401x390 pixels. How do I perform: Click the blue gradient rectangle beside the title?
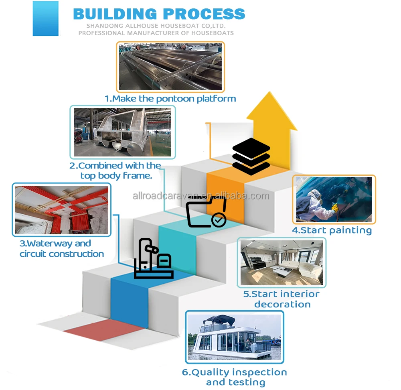[45, 19]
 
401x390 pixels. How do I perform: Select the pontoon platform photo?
[170, 67]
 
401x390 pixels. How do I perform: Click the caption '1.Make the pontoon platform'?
[170, 98]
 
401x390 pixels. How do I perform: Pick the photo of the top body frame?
[123, 132]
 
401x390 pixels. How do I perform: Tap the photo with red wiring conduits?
[61, 210]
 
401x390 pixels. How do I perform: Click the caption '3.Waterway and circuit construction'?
[61, 249]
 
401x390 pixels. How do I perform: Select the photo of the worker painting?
[334, 199]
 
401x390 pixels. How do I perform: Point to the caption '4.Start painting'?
[332, 230]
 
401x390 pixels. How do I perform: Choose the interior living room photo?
[282, 262]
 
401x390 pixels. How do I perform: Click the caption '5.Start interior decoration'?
[282, 299]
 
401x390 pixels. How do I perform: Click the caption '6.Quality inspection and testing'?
[235, 377]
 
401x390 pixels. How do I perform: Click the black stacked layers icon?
[251, 156]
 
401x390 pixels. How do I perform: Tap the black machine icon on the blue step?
[153, 259]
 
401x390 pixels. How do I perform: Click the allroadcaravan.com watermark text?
[200, 196]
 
